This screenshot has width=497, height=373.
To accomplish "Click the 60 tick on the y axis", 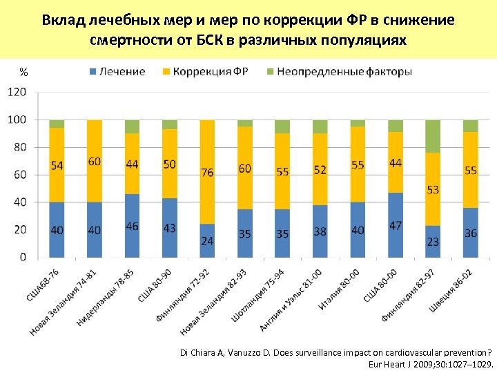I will [x=20, y=175].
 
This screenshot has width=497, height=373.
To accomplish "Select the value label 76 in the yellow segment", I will [x=207, y=173].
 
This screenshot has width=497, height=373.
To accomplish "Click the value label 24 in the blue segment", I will [x=207, y=240].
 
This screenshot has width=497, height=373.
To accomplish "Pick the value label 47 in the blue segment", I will [x=395, y=226].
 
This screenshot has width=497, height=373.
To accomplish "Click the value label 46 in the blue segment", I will [x=132, y=226].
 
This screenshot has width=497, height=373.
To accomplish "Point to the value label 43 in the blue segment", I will [x=169, y=228].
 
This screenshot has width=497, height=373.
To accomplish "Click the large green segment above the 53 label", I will [x=433, y=136].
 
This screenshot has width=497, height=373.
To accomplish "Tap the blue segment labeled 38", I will [x=320, y=231].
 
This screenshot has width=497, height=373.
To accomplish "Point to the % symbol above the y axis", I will [x=24, y=72].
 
